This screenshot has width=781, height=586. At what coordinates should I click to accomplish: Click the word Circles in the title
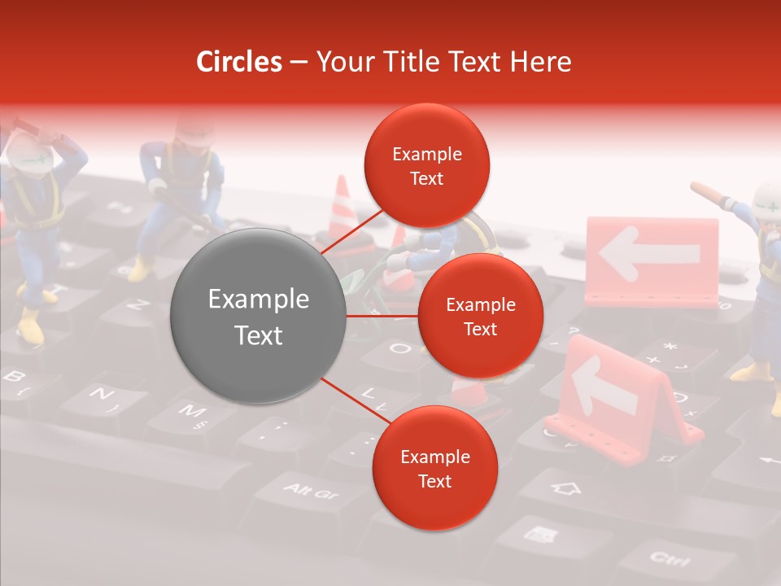[x=239, y=62]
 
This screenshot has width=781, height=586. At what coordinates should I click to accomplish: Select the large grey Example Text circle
[x=259, y=317]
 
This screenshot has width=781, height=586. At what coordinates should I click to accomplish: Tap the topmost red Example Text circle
[x=427, y=166]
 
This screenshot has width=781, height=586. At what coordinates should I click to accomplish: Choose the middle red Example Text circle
[x=480, y=317]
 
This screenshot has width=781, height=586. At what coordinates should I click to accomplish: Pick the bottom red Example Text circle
[x=434, y=469]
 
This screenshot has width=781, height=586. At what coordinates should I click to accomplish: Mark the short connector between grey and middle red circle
[x=382, y=315]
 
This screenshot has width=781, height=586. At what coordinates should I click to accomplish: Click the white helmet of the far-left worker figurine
[x=28, y=151]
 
